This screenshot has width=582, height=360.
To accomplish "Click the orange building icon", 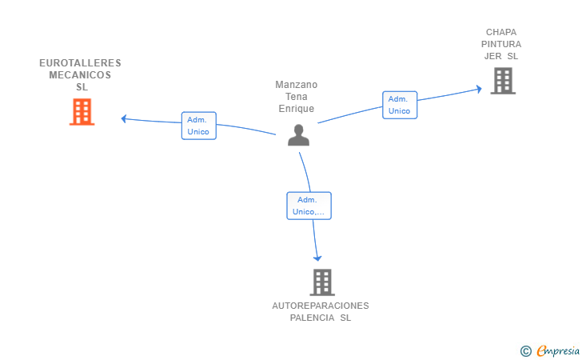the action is pyautogui.click(x=82, y=112).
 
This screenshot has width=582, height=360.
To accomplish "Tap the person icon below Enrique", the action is pyautogui.click(x=298, y=135).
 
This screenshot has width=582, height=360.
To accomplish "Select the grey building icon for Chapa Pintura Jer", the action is pyautogui.click(x=503, y=81).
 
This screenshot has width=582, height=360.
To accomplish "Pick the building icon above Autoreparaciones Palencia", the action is pyautogui.click(x=322, y=282).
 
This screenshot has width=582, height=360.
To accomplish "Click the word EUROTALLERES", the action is pyautogui.click(x=80, y=62).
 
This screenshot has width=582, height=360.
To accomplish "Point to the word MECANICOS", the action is pyautogui.click(x=80, y=75).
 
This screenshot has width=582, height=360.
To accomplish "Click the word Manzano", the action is pyautogui.click(x=296, y=85).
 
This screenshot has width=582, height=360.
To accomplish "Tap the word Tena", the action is pyautogui.click(x=296, y=97).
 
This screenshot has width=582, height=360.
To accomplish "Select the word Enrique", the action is pyautogui.click(x=296, y=109).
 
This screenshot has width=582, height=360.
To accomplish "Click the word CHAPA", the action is pyautogui.click(x=501, y=32).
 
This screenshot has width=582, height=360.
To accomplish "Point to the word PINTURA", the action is pyautogui.click(x=501, y=44).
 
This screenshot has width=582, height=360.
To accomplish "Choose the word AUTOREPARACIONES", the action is pyautogui.click(x=321, y=306).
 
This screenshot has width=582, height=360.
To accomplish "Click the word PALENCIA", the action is pyautogui.click(x=312, y=318).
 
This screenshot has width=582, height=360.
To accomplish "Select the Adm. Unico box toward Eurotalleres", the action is pyautogui.click(x=198, y=126).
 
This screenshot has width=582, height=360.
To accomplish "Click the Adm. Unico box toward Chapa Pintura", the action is pyautogui.click(x=400, y=105).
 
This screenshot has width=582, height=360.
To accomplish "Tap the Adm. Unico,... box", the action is pyautogui.click(x=309, y=206).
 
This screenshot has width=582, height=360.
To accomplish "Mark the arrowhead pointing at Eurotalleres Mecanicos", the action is pyautogui.click(x=124, y=118).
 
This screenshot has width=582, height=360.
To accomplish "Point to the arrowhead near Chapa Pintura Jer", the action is pyautogui.click(x=479, y=89).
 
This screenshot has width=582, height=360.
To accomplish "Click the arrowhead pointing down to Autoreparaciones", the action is pyautogui.click(x=317, y=258).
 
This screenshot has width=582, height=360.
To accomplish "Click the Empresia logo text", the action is pyautogui.click(x=558, y=350).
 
